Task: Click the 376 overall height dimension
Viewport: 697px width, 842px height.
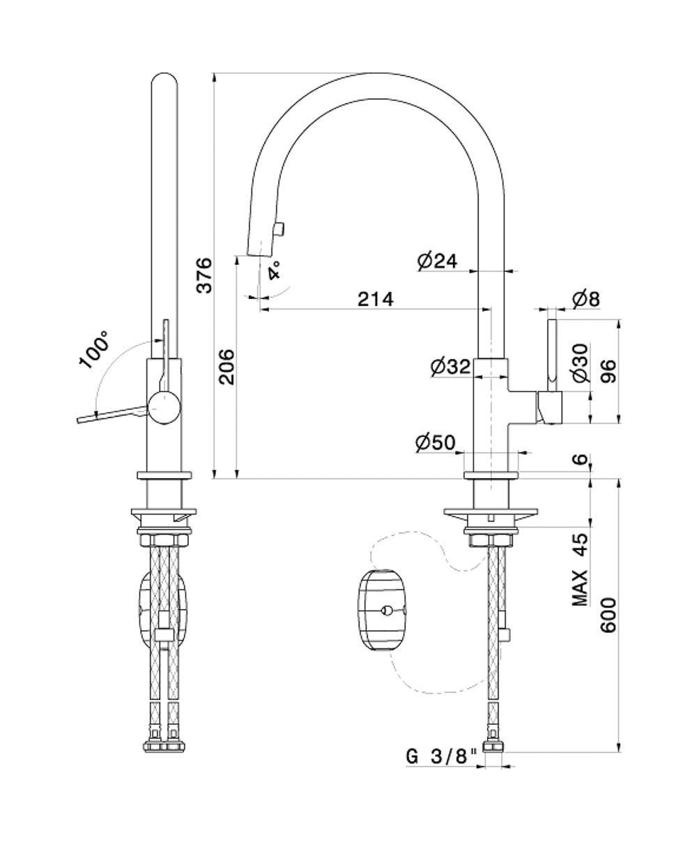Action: point(204,275)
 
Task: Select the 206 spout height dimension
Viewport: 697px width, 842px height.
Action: point(227,367)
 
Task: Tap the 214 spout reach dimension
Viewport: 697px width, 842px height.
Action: point(375,299)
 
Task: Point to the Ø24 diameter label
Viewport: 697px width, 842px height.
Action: point(438,261)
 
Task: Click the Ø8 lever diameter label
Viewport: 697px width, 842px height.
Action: point(586,299)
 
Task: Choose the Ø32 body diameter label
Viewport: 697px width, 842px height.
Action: point(450,367)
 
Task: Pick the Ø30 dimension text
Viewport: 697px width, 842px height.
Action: point(581,362)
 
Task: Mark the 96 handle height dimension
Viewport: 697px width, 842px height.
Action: point(608,371)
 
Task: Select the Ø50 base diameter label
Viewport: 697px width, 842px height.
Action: point(436,443)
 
